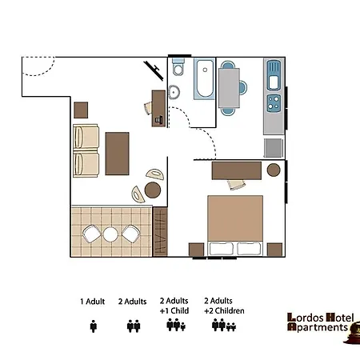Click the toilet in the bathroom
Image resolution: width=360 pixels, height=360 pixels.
tap(178, 67)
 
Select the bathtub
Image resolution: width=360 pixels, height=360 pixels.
tap(205, 78)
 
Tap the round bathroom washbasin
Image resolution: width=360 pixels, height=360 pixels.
tap(174, 92)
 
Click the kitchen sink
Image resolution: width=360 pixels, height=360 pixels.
tap(274, 75)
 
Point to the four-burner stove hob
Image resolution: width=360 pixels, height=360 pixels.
tap(274, 103)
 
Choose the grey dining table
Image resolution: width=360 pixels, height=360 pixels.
tap(229, 87)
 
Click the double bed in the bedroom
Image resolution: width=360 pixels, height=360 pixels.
tap(235, 226)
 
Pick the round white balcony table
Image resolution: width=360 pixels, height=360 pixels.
tap(110, 234)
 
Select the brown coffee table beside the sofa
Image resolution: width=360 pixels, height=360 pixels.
tap(117, 154)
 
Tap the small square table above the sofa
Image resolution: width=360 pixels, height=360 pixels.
tap(81, 110)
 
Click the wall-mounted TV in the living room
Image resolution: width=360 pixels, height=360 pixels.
tap(154, 70)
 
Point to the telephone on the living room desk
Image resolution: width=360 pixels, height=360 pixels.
tap(158, 120)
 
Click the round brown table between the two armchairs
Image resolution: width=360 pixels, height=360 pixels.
tap(153, 190)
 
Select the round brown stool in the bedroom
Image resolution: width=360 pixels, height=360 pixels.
tap(274, 170)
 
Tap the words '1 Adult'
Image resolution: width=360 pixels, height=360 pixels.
tap(93, 302)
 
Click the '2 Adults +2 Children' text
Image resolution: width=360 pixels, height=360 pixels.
tap(224, 306)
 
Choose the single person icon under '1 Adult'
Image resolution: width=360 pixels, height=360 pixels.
tap(94, 326)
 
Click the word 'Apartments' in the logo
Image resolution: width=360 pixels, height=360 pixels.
tap(318, 327)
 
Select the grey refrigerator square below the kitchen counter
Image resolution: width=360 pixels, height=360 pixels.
tap(274, 148)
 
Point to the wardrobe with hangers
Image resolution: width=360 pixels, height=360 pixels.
tap(160, 232)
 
